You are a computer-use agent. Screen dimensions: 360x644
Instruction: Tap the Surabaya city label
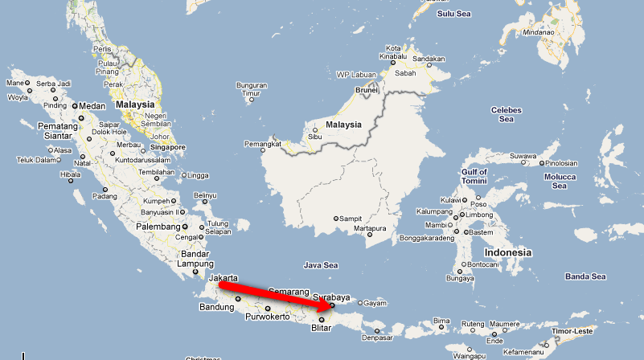point(333,296)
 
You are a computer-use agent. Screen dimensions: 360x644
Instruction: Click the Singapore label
point(167,147)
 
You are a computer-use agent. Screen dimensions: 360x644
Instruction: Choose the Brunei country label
point(367,90)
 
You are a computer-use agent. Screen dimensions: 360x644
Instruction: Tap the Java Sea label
point(321,264)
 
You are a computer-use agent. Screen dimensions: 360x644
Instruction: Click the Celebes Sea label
point(506,114)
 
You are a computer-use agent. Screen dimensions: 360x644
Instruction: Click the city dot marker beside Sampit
point(336,219)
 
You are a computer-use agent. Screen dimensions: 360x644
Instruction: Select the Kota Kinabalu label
point(393,53)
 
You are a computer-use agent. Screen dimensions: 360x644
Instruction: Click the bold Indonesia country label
point(508,252)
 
